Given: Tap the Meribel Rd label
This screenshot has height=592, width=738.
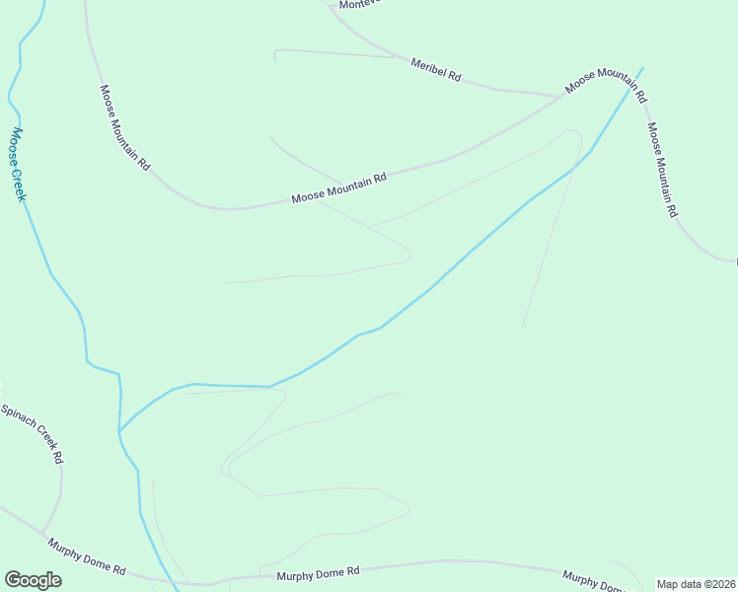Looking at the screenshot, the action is (x=436, y=68).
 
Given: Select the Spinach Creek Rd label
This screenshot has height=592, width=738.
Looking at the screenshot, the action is (x=33, y=434).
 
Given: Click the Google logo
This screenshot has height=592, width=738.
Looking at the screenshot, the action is (x=33, y=579).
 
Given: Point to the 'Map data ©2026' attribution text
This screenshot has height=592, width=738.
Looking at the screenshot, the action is (x=697, y=584).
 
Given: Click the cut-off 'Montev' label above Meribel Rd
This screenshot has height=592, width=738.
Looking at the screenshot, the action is (x=359, y=5).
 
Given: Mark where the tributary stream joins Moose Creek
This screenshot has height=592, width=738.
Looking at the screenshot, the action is (x=119, y=431).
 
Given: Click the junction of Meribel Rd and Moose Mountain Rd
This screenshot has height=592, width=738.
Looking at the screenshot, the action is (x=558, y=97).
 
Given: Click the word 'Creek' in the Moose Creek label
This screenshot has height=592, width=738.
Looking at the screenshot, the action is (x=21, y=181).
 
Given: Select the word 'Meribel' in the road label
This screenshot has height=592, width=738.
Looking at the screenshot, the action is (x=428, y=65).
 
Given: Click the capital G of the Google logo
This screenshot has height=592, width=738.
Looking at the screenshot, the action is (x=13, y=579).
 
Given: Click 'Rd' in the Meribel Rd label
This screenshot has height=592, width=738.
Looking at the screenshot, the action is (x=455, y=75).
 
